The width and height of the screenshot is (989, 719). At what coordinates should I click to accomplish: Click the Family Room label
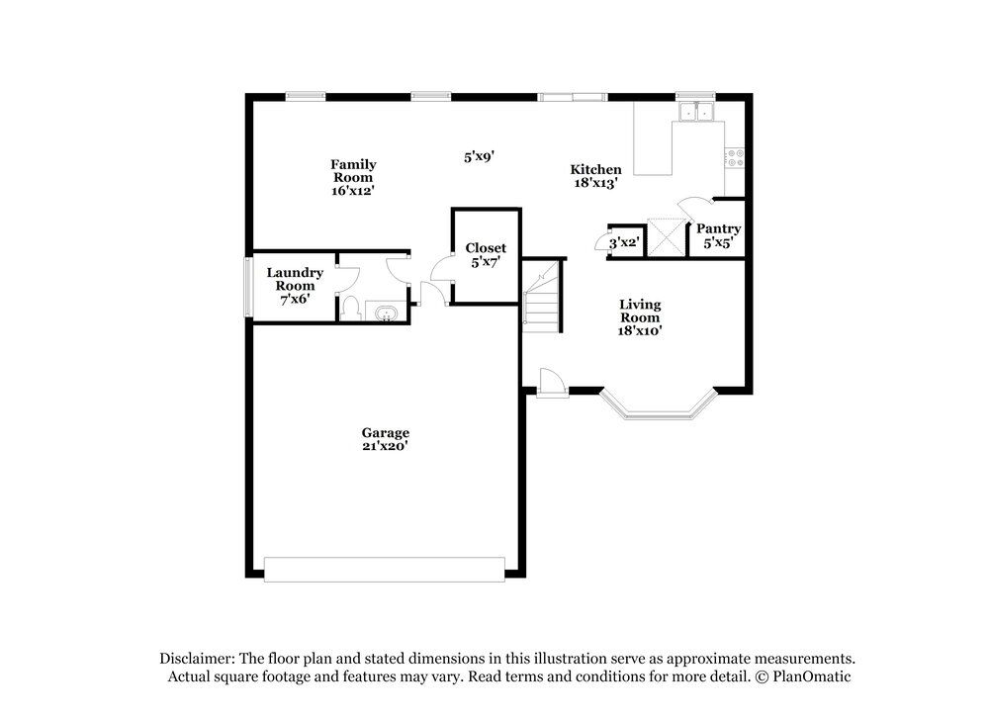353,171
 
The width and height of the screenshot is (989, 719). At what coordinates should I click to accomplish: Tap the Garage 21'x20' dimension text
385,446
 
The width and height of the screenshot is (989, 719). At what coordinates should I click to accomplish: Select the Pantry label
718,228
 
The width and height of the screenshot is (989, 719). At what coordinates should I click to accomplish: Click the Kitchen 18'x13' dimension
596,183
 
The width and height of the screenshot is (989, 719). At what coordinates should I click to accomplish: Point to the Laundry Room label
295,279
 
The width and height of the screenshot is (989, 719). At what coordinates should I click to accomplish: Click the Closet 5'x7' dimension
486,262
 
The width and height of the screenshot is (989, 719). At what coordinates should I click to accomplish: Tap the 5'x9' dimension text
479,156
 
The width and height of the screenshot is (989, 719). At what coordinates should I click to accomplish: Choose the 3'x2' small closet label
624,242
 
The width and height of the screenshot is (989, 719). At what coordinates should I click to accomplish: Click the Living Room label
640,311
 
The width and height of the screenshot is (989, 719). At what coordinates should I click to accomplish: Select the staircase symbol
542,295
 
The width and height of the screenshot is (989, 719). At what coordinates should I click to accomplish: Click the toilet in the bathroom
350,309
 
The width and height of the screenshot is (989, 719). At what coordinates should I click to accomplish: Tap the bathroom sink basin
385,313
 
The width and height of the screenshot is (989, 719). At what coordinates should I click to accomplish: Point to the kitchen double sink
695,112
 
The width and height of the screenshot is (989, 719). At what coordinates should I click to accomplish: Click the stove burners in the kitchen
734,157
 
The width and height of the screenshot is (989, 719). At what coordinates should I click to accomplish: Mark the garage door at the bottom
384,570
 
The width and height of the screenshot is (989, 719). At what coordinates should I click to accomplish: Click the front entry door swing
549,382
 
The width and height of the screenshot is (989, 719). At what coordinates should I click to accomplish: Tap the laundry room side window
248,287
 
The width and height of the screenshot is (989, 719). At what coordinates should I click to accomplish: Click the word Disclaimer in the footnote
197,659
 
